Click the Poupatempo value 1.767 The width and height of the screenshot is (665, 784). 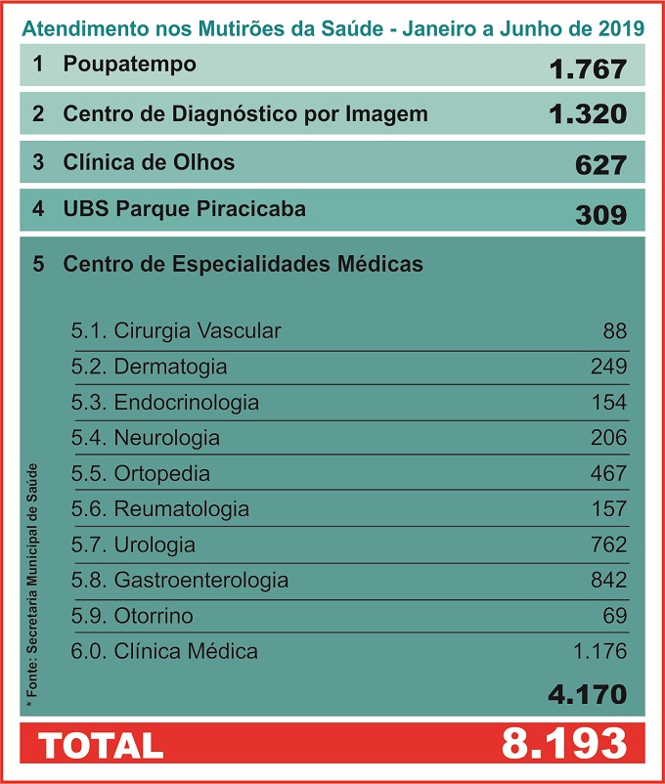587,69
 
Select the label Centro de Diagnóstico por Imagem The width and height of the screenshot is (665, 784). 244,113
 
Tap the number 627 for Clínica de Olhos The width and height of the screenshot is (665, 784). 600,164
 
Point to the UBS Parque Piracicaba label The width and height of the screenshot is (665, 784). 184,208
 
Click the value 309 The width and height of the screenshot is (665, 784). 600,214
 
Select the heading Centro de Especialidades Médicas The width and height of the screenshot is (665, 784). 243,264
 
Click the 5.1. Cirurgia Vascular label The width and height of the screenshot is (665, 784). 176,330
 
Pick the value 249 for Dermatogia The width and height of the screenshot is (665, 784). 608,367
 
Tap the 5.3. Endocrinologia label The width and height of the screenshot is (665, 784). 165,402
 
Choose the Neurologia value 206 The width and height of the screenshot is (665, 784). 608,438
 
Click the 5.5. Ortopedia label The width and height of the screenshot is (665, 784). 141,473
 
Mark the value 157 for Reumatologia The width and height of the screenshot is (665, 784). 608,509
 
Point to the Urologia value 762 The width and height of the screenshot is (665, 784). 608,544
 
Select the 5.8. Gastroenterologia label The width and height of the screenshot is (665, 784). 180,580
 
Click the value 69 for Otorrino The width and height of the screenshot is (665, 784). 615,616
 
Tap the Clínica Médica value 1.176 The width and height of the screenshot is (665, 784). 599,651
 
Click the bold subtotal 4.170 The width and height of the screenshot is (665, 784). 587,695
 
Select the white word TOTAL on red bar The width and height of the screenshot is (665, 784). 101,745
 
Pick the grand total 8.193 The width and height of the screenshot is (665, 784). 563,744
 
